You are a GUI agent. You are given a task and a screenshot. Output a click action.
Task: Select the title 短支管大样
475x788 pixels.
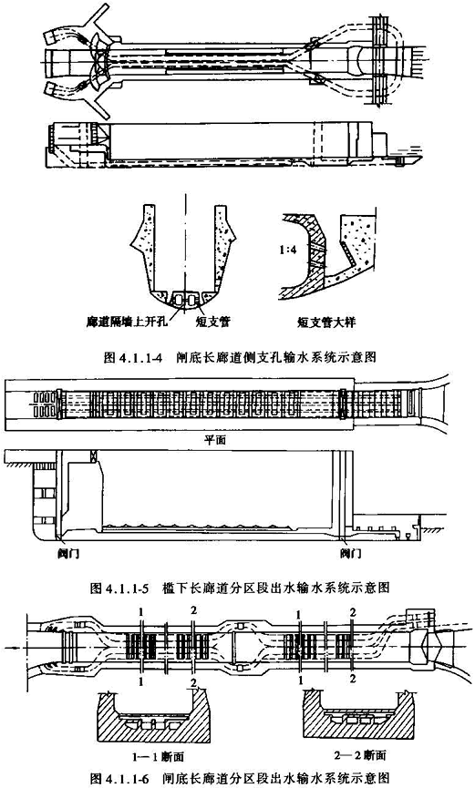(x=326, y=322)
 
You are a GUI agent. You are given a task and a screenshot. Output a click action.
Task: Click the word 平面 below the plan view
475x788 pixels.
(x=215, y=441)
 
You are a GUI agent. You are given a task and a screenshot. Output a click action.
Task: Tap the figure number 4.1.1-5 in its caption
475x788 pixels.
(x=127, y=587)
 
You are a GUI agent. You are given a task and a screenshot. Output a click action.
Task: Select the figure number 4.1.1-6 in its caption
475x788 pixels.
(x=128, y=780)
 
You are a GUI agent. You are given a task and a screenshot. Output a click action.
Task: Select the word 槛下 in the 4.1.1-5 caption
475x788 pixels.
(x=175, y=587)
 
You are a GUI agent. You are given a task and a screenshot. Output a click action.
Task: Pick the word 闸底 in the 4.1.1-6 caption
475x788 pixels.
(x=175, y=780)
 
